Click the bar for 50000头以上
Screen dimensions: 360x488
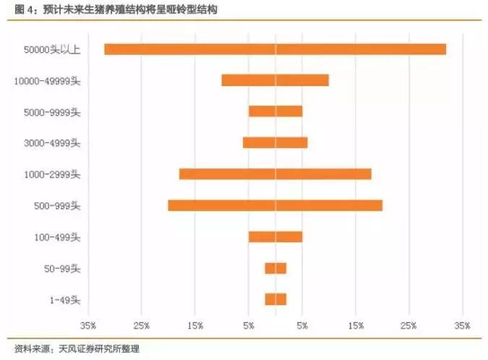point(275,49)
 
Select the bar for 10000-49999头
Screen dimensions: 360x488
point(275,80)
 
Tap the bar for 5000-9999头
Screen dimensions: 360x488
point(275,111)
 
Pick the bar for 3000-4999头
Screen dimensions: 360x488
point(275,142)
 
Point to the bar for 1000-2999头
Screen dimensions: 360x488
point(275,173)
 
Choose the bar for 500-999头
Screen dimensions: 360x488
point(275,205)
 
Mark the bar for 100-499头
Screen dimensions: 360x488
point(275,236)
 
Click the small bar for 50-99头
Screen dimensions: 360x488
point(275,268)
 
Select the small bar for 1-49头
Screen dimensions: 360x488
point(275,299)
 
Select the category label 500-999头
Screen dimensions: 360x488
point(57,206)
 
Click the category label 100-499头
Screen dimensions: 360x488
point(57,237)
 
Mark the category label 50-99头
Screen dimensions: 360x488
point(62,269)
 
